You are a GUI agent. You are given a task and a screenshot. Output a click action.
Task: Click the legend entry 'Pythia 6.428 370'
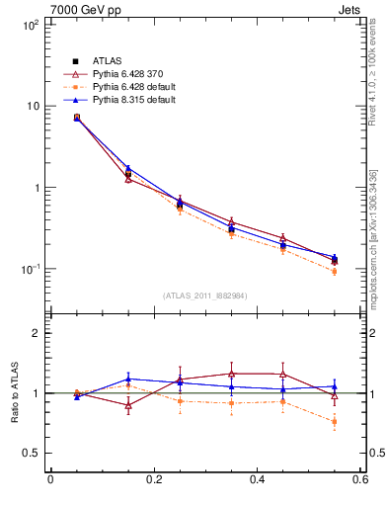click(123, 74)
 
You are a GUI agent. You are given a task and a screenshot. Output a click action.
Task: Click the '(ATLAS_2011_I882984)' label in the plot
click(204, 295)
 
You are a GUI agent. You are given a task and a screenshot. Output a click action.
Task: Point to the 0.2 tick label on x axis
click(153, 481)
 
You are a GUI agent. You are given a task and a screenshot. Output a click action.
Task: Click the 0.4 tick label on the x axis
click(257, 481)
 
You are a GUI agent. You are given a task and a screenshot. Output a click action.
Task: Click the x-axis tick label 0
click(50, 481)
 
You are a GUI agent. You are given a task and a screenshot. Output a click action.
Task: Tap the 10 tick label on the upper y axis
click(34, 106)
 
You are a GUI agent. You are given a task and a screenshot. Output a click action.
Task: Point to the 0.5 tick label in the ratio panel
click(32, 453)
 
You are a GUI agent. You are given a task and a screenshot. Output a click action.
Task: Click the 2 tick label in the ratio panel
click(36, 333)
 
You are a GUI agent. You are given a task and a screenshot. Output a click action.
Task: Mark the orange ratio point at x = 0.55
click(334, 422)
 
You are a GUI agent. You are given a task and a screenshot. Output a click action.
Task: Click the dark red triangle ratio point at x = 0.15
click(128, 405)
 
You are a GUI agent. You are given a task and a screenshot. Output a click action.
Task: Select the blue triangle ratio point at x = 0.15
click(128, 379)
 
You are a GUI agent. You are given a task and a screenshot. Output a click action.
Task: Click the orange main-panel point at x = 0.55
click(334, 271)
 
